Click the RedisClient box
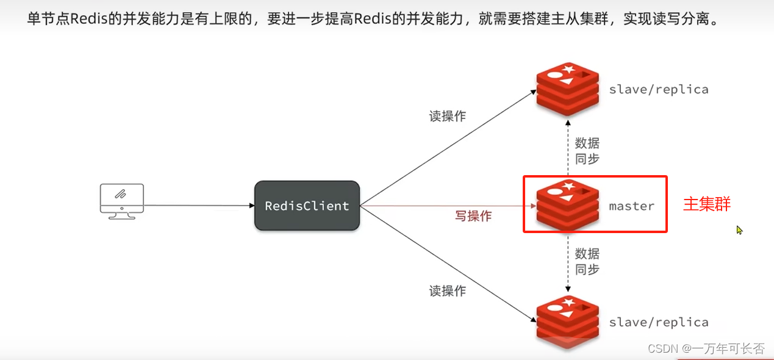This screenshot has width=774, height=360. (307, 206)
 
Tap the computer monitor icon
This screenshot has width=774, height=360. (122, 201)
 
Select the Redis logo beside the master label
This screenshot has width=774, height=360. (567, 205)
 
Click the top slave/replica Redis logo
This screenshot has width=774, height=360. (567, 88)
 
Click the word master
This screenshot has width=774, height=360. (631, 206)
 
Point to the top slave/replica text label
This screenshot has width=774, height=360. (659, 90)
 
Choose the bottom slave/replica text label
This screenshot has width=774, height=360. (659, 322)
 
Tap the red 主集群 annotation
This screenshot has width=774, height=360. (707, 204)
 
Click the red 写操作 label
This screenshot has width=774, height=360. (473, 216)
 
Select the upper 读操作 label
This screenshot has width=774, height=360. (447, 117)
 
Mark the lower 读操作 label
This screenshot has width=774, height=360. (447, 291)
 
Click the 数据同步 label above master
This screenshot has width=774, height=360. (587, 151)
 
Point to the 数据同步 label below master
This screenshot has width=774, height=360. (587, 261)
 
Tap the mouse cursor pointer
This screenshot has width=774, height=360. (739, 230)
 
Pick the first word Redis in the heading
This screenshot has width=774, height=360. (85, 18)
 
